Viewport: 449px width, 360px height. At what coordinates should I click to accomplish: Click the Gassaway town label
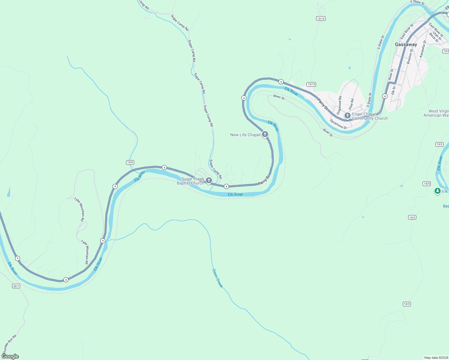click(406, 44)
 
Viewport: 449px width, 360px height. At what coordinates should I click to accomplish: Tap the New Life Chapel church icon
click(265, 134)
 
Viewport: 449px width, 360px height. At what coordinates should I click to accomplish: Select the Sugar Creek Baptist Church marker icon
click(209, 180)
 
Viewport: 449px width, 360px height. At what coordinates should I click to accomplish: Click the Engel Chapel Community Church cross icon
click(347, 115)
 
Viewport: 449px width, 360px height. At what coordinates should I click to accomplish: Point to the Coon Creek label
click(218, 278)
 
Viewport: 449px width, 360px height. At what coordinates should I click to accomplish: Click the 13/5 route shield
click(130, 162)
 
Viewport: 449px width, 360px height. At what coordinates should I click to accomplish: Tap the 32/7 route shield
click(16, 286)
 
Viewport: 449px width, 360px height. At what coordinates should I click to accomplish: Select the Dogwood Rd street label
click(339, 105)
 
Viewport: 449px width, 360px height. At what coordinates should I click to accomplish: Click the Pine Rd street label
click(351, 104)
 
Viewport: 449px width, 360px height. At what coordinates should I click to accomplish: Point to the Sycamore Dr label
click(338, 124)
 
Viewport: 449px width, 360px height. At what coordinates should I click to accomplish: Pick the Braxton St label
click(410, 57)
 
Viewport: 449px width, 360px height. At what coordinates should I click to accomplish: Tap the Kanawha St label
click(423, 49)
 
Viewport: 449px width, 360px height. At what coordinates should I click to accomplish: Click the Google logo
click(10, 356)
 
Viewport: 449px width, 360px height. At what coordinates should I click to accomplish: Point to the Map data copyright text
click(435, 358)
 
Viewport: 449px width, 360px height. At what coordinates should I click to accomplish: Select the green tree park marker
click(437, 191)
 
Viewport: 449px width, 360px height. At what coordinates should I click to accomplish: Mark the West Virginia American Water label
click(437, 113)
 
